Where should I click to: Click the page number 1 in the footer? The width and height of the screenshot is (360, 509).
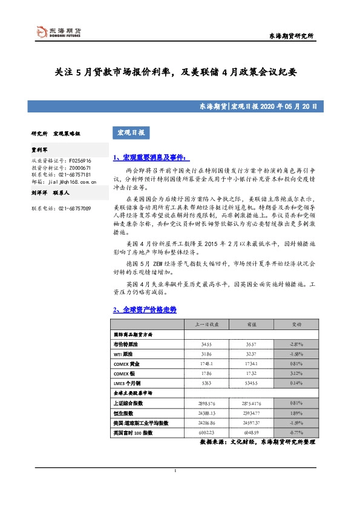tap(175, 488)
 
